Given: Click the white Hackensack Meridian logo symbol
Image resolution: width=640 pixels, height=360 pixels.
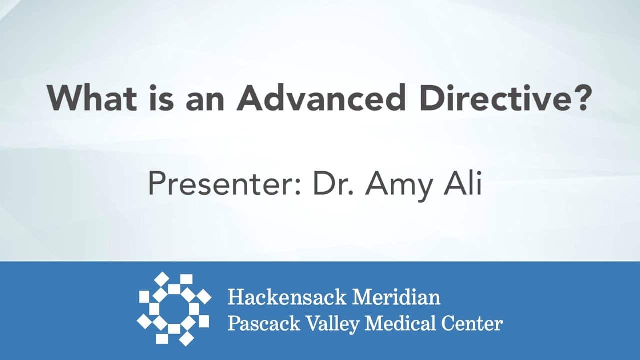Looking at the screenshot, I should click(x=174, y=309).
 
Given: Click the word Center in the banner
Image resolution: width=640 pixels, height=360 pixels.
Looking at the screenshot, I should click(x=472, y=324).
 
